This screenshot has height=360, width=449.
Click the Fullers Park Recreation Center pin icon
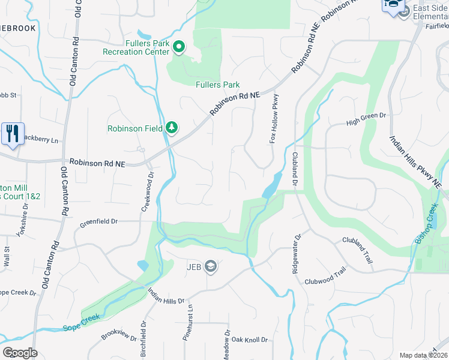coord(178,46)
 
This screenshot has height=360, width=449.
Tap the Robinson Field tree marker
coord(172,127)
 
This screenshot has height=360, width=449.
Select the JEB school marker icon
coord(210,266)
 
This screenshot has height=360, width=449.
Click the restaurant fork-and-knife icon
coord(13,134)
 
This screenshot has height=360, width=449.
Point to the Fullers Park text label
coord(218,85)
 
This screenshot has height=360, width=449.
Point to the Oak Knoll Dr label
coord(249,340)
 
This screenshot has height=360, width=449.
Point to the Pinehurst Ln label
coord(190,318)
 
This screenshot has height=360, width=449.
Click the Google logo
coord(20,353)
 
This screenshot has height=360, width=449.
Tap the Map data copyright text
coord(423,356)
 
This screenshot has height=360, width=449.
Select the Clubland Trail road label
coord(358,246)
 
